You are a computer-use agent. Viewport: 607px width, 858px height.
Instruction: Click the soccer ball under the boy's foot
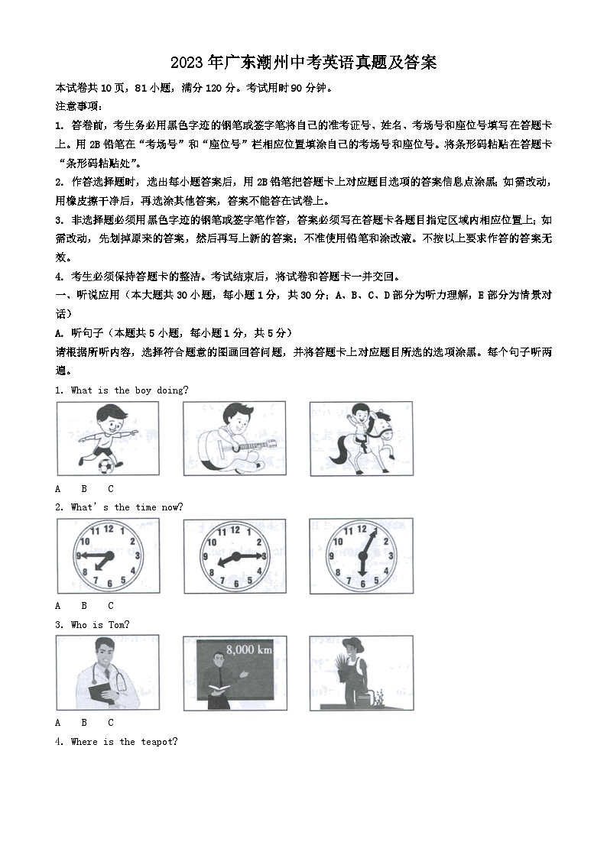click(105, 464)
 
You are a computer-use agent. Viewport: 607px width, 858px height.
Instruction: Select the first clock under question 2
click(108, 555)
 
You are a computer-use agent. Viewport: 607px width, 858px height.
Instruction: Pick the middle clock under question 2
click(234, 555)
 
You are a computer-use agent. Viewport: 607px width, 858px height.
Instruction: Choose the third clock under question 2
click(362, 555)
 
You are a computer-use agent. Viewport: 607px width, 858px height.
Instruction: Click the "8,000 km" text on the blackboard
click(248, 650)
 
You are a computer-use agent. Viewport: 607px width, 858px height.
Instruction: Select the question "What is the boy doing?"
click(129, 390)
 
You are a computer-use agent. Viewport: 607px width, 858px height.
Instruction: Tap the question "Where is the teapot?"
click(124, 741)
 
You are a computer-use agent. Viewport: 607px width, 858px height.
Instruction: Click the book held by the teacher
click(222, 690)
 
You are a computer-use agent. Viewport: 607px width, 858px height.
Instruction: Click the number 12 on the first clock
click(108, 529)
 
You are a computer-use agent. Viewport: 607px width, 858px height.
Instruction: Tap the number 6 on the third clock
click(362, 584)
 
